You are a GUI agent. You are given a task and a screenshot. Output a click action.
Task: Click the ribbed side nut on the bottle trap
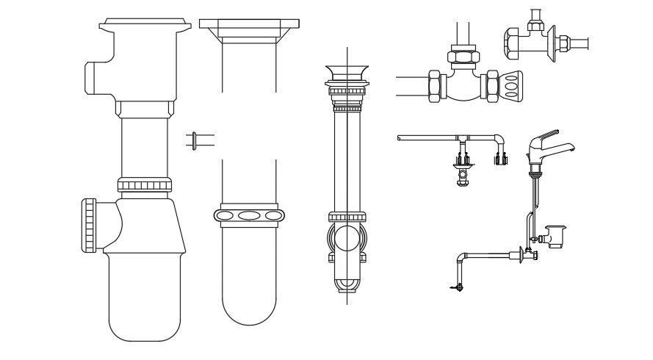(x=90, y=225)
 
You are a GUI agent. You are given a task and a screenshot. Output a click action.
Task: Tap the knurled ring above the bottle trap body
(x=145, y=185)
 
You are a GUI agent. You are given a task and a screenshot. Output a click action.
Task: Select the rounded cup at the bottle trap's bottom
(x=145, y=301)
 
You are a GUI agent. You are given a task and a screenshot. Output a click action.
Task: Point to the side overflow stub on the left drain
(x=97, y=78)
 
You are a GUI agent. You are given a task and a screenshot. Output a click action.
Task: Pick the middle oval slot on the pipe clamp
(x=250, y=215)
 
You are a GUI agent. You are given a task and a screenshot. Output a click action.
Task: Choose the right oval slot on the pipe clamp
(x=275, y=215)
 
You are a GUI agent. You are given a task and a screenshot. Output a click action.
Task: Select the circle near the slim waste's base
(x=347, y=240)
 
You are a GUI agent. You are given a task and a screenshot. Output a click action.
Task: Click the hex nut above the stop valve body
(x=464, y=57)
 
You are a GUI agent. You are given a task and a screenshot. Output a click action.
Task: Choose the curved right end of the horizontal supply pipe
(x=499, y=140)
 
